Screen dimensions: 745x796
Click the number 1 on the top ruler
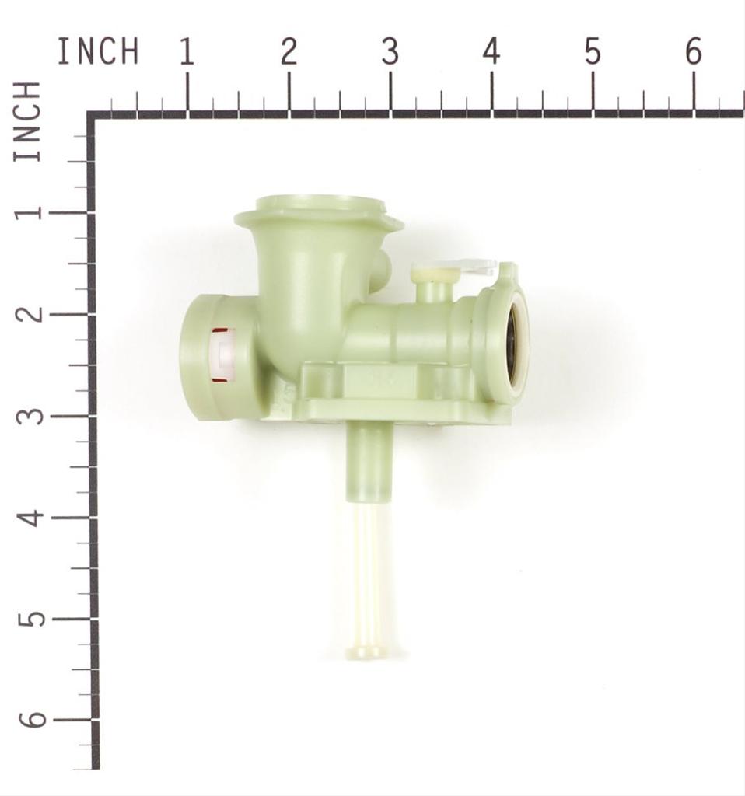tap(187, 52)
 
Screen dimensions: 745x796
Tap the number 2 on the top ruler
tap(289, 52)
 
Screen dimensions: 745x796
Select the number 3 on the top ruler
tap(390, 52)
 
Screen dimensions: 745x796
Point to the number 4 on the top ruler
tap(491, 52)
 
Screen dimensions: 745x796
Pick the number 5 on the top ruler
tap(593, 52)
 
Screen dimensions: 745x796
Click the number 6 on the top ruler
tap(694, 52)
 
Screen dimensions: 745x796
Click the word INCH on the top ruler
tap(98, 52)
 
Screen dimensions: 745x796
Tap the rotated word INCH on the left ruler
tap(27, 121)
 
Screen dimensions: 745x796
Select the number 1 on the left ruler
tap(27, 212)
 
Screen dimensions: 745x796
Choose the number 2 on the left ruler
tap(27, 313)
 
